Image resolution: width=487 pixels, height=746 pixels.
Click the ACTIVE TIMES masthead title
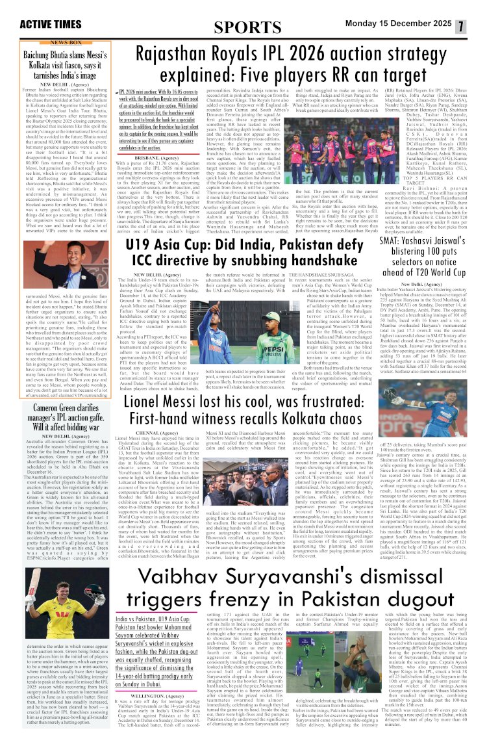click(x=51, y=25)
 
